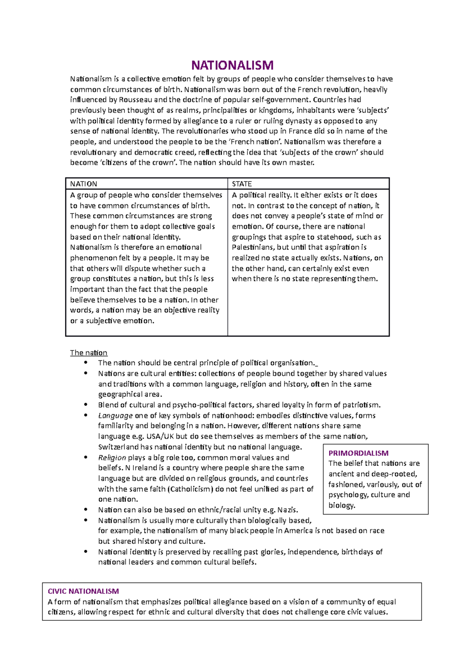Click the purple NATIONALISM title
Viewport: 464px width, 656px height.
232,65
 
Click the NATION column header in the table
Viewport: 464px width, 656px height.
84,184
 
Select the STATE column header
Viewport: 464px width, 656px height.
242,184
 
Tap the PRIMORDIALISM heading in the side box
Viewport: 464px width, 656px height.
358,453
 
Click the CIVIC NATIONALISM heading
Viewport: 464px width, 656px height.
83,591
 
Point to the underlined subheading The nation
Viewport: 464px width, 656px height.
89,353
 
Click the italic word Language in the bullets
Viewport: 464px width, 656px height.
115,416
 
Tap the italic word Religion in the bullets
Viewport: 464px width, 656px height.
112,458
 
